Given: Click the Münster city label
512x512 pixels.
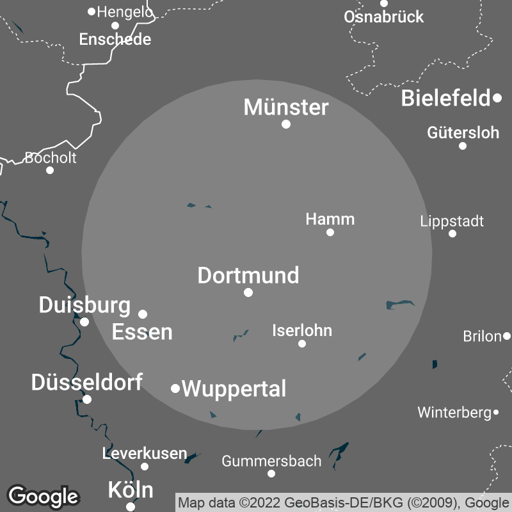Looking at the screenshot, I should click(x=286, y=107).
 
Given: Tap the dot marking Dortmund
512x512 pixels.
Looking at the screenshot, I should click(x=248, y=292).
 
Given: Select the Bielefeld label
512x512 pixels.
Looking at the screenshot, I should click(x=445, y=99).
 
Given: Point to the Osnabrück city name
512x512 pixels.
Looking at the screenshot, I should click(x=383, y=17).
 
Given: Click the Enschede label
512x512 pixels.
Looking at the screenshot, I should click(x=115, y=40).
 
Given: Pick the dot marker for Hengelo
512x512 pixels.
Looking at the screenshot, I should click(x=92, y=12).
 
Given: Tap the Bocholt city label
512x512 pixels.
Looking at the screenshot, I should click(x=51, y=157).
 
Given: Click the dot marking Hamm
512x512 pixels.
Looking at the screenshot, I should click(x=330, y=232).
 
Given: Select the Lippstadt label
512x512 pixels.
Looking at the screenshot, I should click(x=452, y=221).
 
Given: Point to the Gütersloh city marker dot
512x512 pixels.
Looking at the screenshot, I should click(x=463, y=146).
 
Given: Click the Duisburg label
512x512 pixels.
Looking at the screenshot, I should click(x=84, y=305).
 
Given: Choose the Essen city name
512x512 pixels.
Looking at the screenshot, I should click(x=142, y=332).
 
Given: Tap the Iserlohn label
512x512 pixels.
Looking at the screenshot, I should click(x=302, y=331).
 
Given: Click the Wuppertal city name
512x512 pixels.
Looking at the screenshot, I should click(x=234, y=388).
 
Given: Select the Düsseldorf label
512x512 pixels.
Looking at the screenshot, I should click(x=87, y=383).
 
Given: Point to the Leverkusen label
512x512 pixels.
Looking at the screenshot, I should click(x=145, y=454).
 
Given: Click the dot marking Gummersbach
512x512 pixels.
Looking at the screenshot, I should click(x=271, y=474).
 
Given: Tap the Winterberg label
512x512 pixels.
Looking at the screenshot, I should click(x=454, y=413).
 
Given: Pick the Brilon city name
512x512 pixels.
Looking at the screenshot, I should click(x=482, y=336).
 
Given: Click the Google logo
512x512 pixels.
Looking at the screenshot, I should click(x=43, y=496).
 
